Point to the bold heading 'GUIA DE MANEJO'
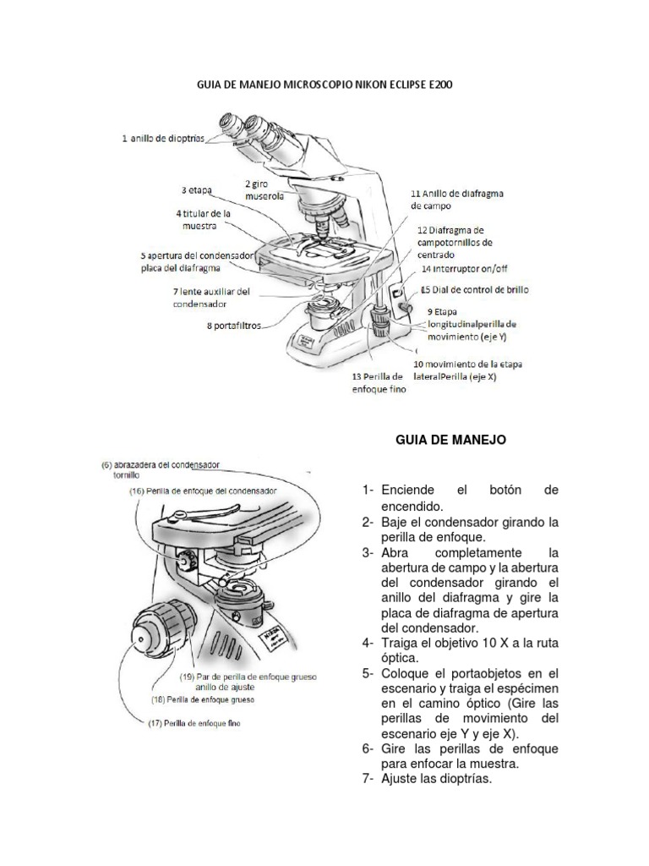450,440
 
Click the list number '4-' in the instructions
367,643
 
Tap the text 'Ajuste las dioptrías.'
436,780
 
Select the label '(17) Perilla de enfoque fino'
194,722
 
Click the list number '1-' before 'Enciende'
367,491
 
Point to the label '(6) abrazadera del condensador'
161,464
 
